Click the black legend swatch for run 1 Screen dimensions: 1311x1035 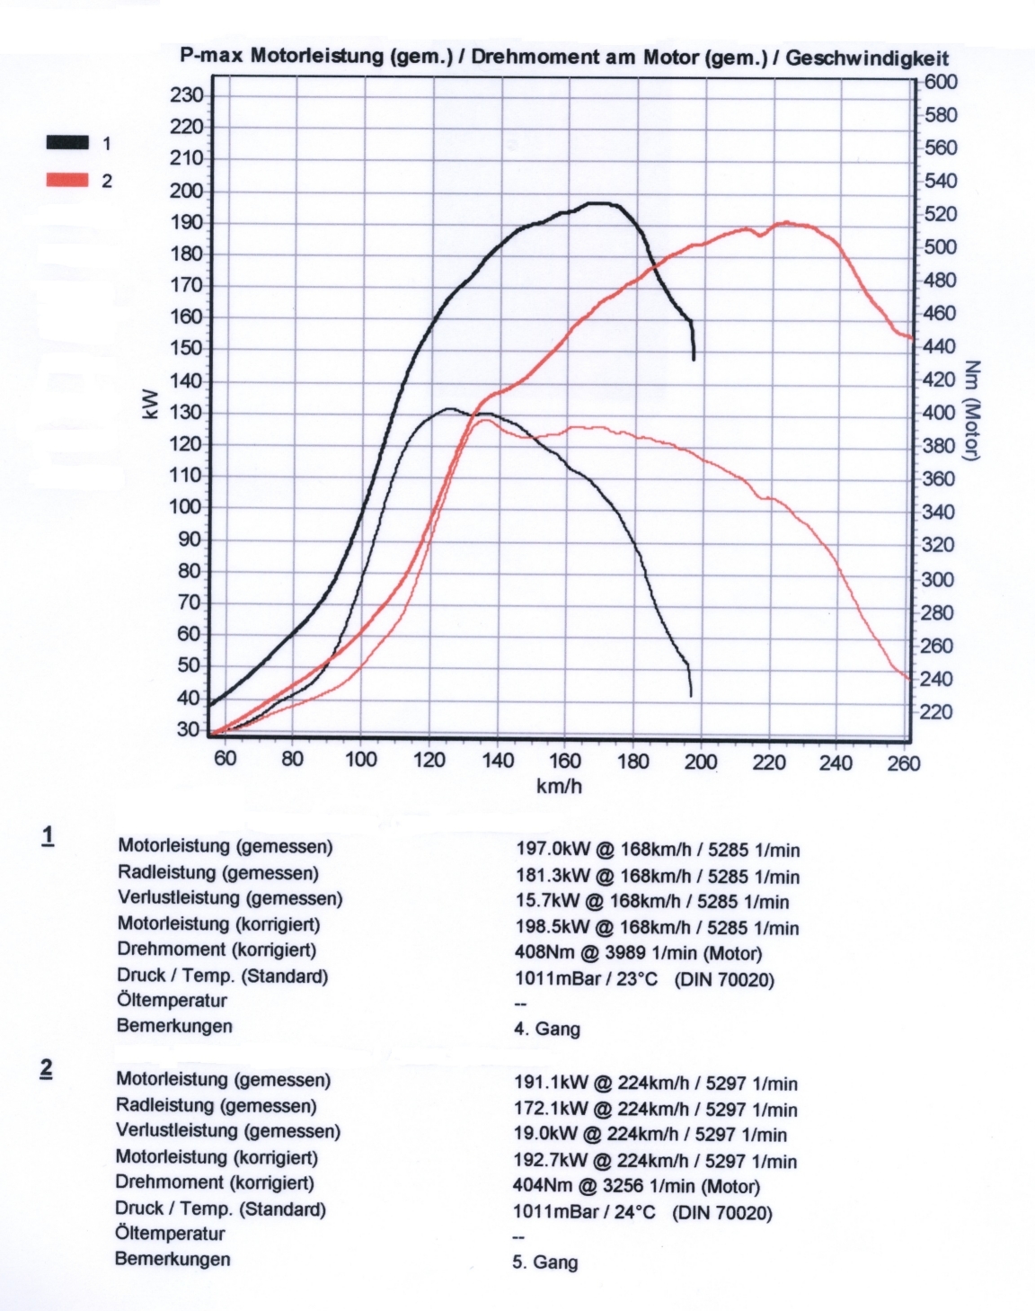tap(68, 142)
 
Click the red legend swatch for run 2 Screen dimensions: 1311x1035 tap(68, 180)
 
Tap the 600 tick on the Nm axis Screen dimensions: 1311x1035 tap(941, 82)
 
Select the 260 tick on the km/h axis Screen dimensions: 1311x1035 tap(904, 763)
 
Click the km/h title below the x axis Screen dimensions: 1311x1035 tap(559, 787)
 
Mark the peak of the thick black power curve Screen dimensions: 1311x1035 tap(600, 203)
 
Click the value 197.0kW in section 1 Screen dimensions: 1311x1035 tap(551, 850)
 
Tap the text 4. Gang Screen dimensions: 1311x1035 tap(546, 1029)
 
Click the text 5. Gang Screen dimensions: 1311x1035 tap(544, 1262)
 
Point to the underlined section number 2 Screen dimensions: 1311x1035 tap(46, 1068)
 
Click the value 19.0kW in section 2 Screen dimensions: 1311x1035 tap(544, 1135)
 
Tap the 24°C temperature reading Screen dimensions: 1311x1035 tap(636, 1212)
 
